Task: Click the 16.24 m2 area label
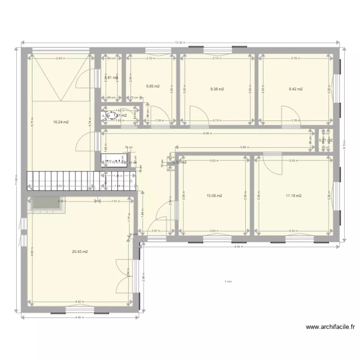click(x=61, y=122)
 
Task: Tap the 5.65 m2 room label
click(x=152, y=86)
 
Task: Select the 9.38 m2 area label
click(x=217, y=89)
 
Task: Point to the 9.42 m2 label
click(x=295, y=89)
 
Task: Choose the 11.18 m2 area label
click(x=293, y=195)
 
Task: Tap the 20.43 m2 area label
click(x=80, y=252)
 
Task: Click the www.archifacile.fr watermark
click(x=330, y=327)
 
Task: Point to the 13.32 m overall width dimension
click(x=180, y=43)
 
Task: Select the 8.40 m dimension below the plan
click(x=237, y=247)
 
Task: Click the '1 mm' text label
click(x=228, y=282)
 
